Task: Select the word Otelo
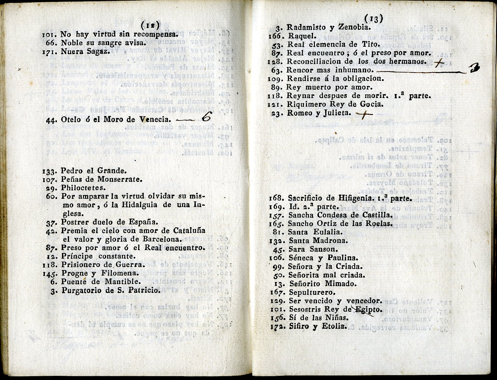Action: click(x=70, y=120)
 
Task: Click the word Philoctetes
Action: click(x=83, y=188)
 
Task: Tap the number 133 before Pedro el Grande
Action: click(x=50, y=171)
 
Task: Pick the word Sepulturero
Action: click(x=312, y=293)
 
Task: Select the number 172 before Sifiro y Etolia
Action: click(x=277, y=326)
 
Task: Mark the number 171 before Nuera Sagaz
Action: click(x=49, y=52)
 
